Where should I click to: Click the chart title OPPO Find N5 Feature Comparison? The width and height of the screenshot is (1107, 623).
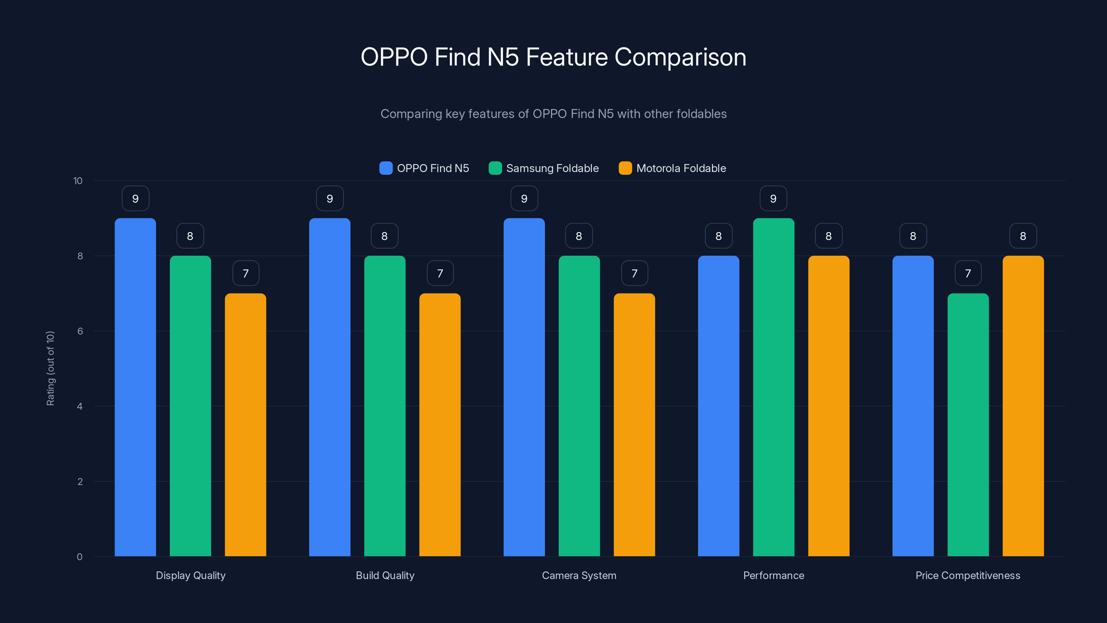(553, 57)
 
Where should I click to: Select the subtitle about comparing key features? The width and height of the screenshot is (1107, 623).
(553, 114)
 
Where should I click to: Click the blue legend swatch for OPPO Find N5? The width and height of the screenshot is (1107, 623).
(385, 168)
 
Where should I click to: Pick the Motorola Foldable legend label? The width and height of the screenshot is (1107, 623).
(681, 168)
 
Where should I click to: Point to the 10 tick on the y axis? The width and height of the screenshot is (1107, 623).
(78, 181)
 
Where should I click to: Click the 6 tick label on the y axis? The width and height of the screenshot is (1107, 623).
(80, 331)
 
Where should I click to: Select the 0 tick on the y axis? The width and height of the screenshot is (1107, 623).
(80, 557)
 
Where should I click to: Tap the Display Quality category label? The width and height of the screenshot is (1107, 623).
(190, 575)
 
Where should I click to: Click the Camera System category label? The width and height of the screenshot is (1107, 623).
(579, 575)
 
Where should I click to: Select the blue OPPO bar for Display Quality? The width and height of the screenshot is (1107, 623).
(135, 387)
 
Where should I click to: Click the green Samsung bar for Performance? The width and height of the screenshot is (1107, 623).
(773, 387)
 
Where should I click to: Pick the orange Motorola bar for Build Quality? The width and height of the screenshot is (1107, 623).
(440, 426)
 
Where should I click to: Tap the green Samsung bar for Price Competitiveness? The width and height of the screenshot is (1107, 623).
(968, 426)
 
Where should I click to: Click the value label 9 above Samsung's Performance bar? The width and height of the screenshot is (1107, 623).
(773, 199)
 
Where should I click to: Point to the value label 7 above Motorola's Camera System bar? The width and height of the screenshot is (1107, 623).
(634, 273)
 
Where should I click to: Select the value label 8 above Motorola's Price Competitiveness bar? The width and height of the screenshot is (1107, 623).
(1023, 236)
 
